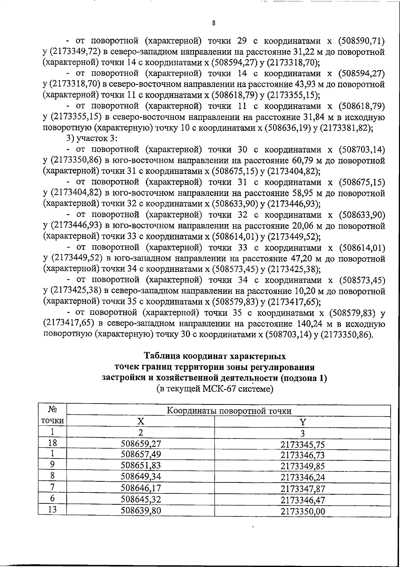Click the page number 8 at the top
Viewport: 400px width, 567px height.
click(x=213, y=23)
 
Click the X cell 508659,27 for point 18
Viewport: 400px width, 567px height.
click(x=141, y=443)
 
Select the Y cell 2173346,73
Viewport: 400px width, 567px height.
click(x=302, y=455)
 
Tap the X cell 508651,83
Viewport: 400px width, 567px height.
click(x=141, y=465)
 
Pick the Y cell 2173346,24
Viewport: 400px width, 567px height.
click(x=302, y=477)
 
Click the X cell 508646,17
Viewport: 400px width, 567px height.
click(x=141, y=488)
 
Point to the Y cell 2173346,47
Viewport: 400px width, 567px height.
click(x=302, y=500)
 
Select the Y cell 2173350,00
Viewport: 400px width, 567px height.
click(x=302, y=511)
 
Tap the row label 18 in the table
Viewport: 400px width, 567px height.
click(x=52, y=443)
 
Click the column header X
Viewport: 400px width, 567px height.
click(x=141, y=422)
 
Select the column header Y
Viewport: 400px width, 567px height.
click(x=302, y=423)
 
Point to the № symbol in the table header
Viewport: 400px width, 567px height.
click(x=52, y=409)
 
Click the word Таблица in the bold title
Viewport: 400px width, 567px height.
click(x=161, y=356)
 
